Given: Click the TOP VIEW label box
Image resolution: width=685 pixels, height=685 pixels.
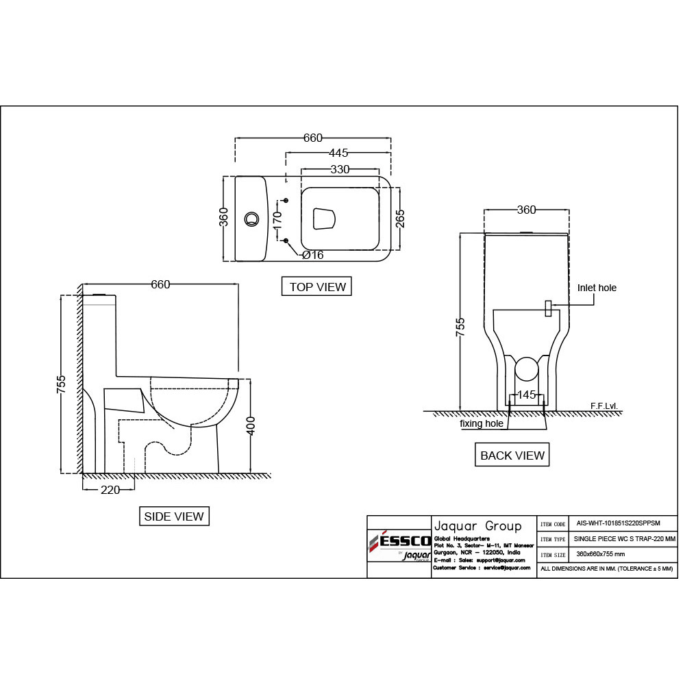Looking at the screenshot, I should [316, 286].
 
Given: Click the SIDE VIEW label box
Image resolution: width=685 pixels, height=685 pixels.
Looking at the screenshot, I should [174, 516].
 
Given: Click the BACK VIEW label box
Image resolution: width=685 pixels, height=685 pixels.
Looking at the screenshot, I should [512, 455].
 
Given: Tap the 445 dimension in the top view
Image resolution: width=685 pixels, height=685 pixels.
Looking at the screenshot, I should [338, 153].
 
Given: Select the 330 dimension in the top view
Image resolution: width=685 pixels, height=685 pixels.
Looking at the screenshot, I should [340, 169].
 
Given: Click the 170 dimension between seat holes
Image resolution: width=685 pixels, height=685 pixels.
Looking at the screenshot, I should [277, 219].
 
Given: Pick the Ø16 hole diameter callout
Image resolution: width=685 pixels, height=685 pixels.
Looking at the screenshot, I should [312, 255].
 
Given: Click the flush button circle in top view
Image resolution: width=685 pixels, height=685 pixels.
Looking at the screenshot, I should [251, 219].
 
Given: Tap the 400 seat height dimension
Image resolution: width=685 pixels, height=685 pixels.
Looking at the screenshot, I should [251, 425].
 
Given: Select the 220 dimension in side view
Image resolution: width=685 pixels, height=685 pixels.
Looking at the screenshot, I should [110, 490].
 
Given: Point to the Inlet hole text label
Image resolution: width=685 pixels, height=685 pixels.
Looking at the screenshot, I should [597, 288].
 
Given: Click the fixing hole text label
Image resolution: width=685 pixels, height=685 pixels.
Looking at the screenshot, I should [482, 423].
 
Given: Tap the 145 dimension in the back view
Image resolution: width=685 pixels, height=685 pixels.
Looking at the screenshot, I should [526, 395].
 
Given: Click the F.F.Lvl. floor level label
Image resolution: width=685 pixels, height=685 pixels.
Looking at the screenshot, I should [604, 406].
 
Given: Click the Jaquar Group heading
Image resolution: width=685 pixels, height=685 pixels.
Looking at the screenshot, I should [477, 526].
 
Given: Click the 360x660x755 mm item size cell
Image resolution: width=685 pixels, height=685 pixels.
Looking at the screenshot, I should [600, 553].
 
